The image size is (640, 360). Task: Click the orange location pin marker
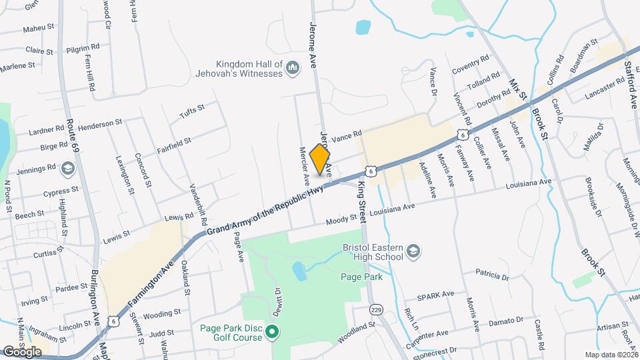(x=320, y=159)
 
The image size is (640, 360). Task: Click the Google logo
(x=22, y=351)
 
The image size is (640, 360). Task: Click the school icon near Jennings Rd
(x=67, y=169)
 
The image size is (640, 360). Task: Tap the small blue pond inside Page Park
(x=299, y=271)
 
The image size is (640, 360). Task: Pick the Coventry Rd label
(x=470, y=65)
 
